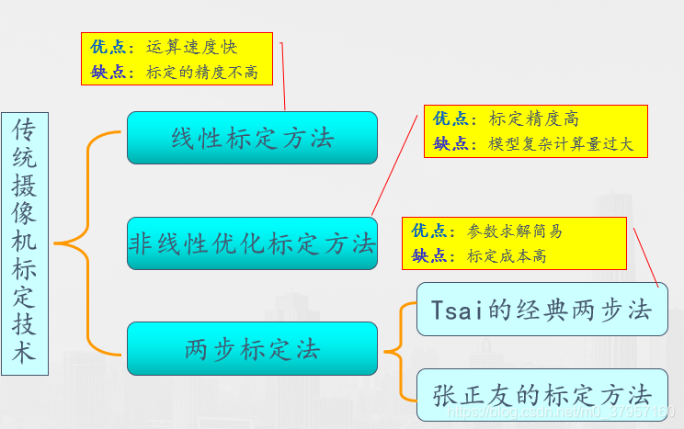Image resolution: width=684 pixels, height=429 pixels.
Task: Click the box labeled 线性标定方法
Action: (252, 138)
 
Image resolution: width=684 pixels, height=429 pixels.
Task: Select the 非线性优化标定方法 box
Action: (252, 243)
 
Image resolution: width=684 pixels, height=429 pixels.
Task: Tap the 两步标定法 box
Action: (252, 349)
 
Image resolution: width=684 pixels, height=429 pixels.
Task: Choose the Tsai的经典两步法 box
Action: (542, 310)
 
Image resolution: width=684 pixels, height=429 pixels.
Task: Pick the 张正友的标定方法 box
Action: (542, 395)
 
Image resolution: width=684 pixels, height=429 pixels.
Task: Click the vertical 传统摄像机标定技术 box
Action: (24, 243)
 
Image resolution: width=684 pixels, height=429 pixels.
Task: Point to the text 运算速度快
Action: (191, 47)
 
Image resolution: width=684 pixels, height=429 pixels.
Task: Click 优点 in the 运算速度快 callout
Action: (108, 47)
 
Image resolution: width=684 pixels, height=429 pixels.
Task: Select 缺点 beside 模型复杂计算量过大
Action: (451, 144)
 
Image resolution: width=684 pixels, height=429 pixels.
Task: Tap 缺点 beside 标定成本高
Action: (429, 255)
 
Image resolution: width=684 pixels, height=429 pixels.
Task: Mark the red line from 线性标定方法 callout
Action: (282, 78)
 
